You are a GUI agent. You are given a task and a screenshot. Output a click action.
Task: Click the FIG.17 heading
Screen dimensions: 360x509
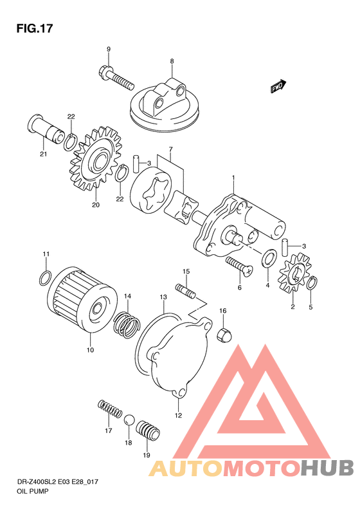[x=34, y=28]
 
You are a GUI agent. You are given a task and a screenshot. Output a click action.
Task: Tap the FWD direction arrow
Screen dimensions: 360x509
[x=278, y=86]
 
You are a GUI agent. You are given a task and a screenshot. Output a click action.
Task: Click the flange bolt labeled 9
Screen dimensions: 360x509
[x=115, y=78]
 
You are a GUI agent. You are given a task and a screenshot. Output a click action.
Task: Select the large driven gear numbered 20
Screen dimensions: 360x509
[x=96, y=159]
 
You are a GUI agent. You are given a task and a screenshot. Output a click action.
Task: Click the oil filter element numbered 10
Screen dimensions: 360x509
[x=82, y=301]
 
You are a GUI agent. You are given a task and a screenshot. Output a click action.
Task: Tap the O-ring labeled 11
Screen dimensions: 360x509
[x=44, y=278]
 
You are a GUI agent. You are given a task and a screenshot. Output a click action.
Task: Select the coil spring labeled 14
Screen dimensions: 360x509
[x=127, y=324]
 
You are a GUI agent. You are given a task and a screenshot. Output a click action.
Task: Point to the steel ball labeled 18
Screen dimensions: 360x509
[x=129, y=420]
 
